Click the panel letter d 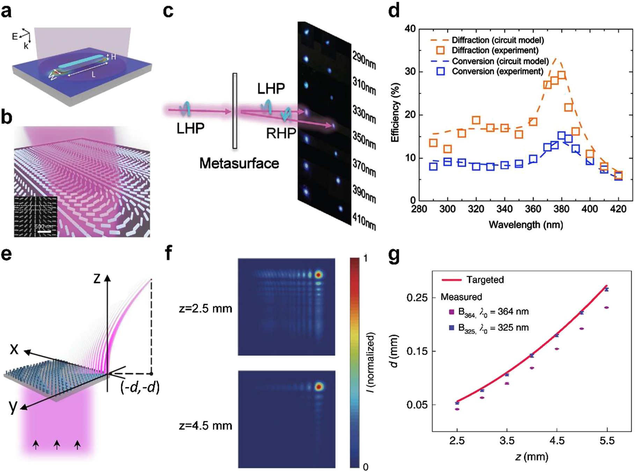point(394,12)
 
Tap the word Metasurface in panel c point(239,163)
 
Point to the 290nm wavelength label point(364,61)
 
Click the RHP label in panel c point(281,133)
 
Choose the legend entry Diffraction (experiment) point(495,50)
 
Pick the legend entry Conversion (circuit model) point(500,61)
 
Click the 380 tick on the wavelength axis point(561,209)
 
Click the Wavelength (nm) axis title point(526,225)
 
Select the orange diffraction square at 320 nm point(476,120)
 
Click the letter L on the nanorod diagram point(93,75)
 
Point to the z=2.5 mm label point(205,309)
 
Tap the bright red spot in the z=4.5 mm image point(319,387)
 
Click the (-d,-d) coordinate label point(140,388)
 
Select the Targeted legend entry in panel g point(485,280)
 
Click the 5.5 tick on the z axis point(607,441)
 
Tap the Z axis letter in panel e point(97,279)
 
